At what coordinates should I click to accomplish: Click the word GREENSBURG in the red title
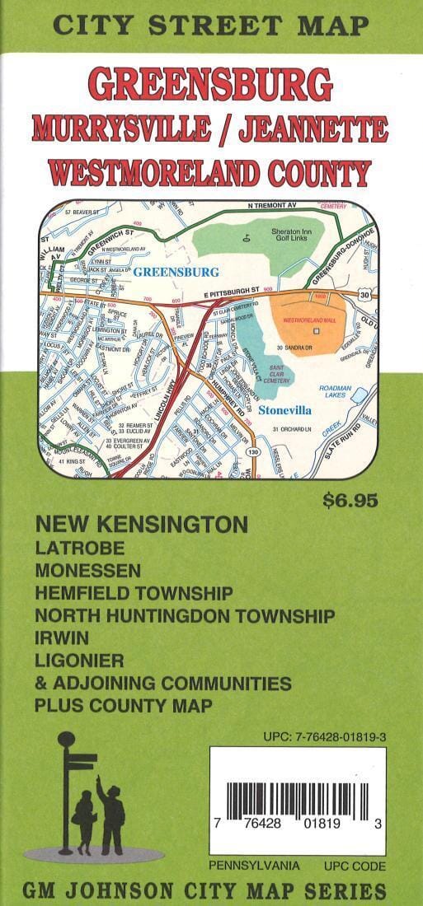(211, 85)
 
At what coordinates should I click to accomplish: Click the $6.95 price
(350, 501)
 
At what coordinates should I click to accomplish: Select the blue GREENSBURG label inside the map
(176, 272)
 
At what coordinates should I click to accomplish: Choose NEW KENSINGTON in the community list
(141, 524)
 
